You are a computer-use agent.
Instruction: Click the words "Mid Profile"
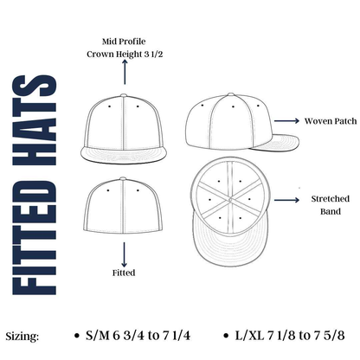(124, 42)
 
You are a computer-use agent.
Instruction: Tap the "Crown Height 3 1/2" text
(125, 55)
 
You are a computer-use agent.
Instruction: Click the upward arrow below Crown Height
(125, 72)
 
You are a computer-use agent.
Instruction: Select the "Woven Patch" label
(331, 121)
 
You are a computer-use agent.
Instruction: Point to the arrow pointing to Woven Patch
(286, 121)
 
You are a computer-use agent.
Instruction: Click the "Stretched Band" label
(331, 205)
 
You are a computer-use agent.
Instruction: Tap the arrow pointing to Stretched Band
(286, 200)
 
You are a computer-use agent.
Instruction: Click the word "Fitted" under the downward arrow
(124, 273)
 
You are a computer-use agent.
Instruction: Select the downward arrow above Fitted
(124, 254)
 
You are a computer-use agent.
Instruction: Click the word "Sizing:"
(22, 337)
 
